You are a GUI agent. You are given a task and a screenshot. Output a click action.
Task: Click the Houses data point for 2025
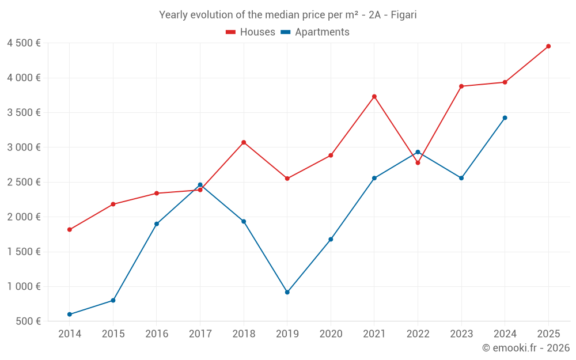(x=548, y=46)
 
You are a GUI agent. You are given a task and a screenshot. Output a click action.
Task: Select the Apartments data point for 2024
(x=505, y=118)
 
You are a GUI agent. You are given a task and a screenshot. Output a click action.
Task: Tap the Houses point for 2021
(x=374, y=96)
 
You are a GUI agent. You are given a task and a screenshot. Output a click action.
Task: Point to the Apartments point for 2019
(x=287, y=292)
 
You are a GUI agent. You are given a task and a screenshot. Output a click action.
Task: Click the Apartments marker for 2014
(x=69, y=314)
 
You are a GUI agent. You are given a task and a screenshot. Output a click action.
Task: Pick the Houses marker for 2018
(x=244, y=142)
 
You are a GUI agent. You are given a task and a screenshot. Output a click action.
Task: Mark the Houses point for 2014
(x=69, y=229)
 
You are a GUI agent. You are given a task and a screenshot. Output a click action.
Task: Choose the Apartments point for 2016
(x=157, y=223)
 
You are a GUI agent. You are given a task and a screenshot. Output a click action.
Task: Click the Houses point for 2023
(x=461, y=86)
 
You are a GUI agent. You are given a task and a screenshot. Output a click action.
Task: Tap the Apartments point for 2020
(x=331, y=239)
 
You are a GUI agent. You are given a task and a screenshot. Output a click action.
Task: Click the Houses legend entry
(x=251, y=32)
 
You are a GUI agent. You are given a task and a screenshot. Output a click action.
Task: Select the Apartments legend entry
(x=315, y=32)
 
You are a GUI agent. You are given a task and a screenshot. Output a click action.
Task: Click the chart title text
(x=287, y=15)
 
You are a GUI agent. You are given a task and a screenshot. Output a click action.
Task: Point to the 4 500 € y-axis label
(x=24, y=43)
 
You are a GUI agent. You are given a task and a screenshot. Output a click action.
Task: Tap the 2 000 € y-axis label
(x=24, y=217)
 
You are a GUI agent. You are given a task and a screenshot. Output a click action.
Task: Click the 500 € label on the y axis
(x=27, y=321)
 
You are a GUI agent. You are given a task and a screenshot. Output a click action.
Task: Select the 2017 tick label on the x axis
(x=200, y=334)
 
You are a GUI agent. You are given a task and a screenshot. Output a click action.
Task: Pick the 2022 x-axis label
(x=418, y=334)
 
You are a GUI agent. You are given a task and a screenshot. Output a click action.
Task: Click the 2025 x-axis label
(x=548, y=334)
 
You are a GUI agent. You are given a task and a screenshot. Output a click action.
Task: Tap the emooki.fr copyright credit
(x=525, y=348)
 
